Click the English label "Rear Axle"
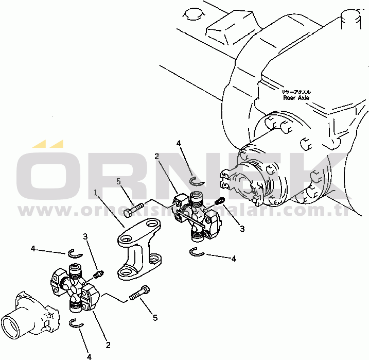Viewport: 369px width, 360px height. [x=296, y=97]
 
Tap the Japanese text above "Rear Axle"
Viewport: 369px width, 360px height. [x=295, y=91]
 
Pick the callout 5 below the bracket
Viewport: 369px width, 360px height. [x=155, y=318]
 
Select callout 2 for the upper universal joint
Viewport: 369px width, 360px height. [x=156, y=156]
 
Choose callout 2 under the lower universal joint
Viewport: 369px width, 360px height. [x=108, y=345]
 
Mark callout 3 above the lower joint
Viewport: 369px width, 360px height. [x=86, y=236]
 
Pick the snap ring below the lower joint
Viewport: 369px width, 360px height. [x=77, y=323]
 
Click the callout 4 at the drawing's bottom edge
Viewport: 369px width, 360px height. [x=89, y=355]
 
